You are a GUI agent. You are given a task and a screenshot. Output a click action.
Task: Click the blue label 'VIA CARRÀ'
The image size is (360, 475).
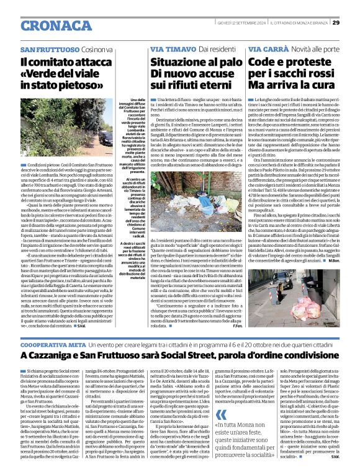click(x=267, y=48)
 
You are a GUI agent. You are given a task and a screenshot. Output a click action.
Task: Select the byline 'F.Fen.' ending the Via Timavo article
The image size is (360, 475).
click(x=236, y=326)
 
